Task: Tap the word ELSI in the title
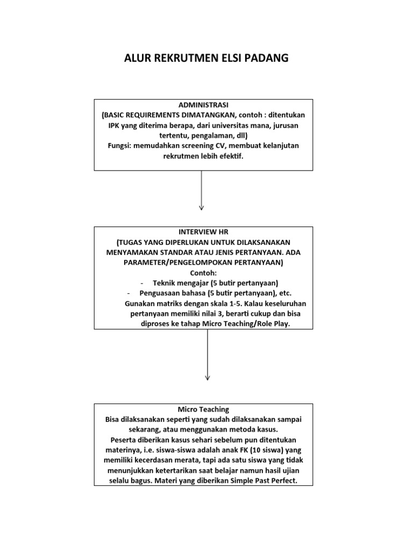pyautogui.click(x=225, y=59)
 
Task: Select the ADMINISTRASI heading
pyautogui.click(x=203, y=104)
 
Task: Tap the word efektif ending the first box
pyautogui.click(x=231, y=156)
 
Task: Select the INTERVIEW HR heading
pyautogui.click(x=203, y=231)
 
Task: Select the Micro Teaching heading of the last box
pyautogui.click(x=203, y=409)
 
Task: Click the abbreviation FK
pyautogui.click(x=237, y=450)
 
